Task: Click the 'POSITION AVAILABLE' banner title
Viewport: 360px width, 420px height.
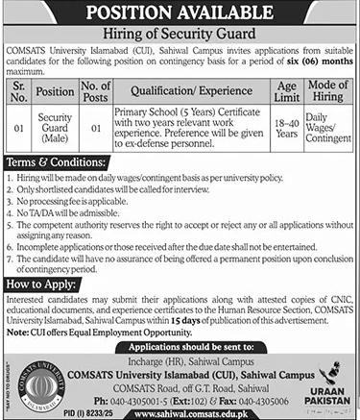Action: (x=180, y=13)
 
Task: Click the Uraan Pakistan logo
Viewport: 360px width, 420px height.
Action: (x=326, y=379)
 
